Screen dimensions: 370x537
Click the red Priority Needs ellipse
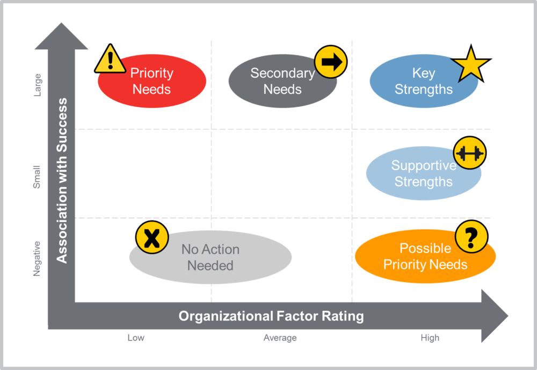pos(152,82)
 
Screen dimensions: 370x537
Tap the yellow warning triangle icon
pos(110,60)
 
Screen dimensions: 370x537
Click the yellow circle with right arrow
pos(330,62)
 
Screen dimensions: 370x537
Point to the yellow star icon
pos(471,65)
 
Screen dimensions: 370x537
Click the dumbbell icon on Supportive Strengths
pos(469,153)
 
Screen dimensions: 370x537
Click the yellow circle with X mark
pos(152,238)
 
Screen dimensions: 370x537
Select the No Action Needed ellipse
pos(211,257)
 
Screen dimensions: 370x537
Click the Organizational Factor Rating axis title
pos(271,316)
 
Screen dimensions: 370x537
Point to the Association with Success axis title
pos(62,180)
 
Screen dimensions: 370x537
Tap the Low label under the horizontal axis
pos(136,338)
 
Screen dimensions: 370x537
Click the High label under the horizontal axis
pos(430,338)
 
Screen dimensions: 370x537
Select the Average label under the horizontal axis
pos(280,338)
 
